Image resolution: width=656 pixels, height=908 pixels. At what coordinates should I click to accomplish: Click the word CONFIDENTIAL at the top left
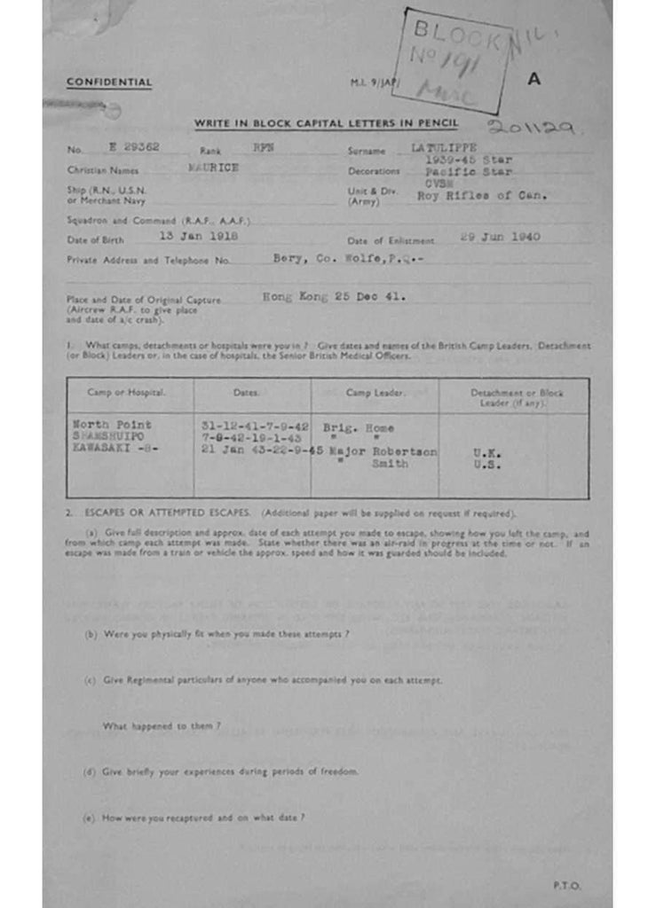point(109,82)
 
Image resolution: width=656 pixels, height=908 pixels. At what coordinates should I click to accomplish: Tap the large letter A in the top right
point(533,78)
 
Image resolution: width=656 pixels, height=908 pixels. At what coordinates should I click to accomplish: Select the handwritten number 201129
point(532,129)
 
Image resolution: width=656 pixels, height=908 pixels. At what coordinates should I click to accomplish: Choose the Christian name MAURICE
point(213,168)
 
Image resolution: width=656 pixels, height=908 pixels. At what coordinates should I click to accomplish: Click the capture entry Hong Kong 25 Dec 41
point(335,298)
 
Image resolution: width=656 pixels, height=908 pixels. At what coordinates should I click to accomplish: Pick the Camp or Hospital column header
point(126,392)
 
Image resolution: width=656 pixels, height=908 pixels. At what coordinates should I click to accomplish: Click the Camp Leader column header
point(375,392)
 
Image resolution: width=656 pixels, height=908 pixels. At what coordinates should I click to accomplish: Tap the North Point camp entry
point(112,426)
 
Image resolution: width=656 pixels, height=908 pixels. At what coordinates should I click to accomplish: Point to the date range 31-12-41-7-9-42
point(256,426)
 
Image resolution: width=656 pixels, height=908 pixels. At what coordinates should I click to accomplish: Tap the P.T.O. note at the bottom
point(566,885)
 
